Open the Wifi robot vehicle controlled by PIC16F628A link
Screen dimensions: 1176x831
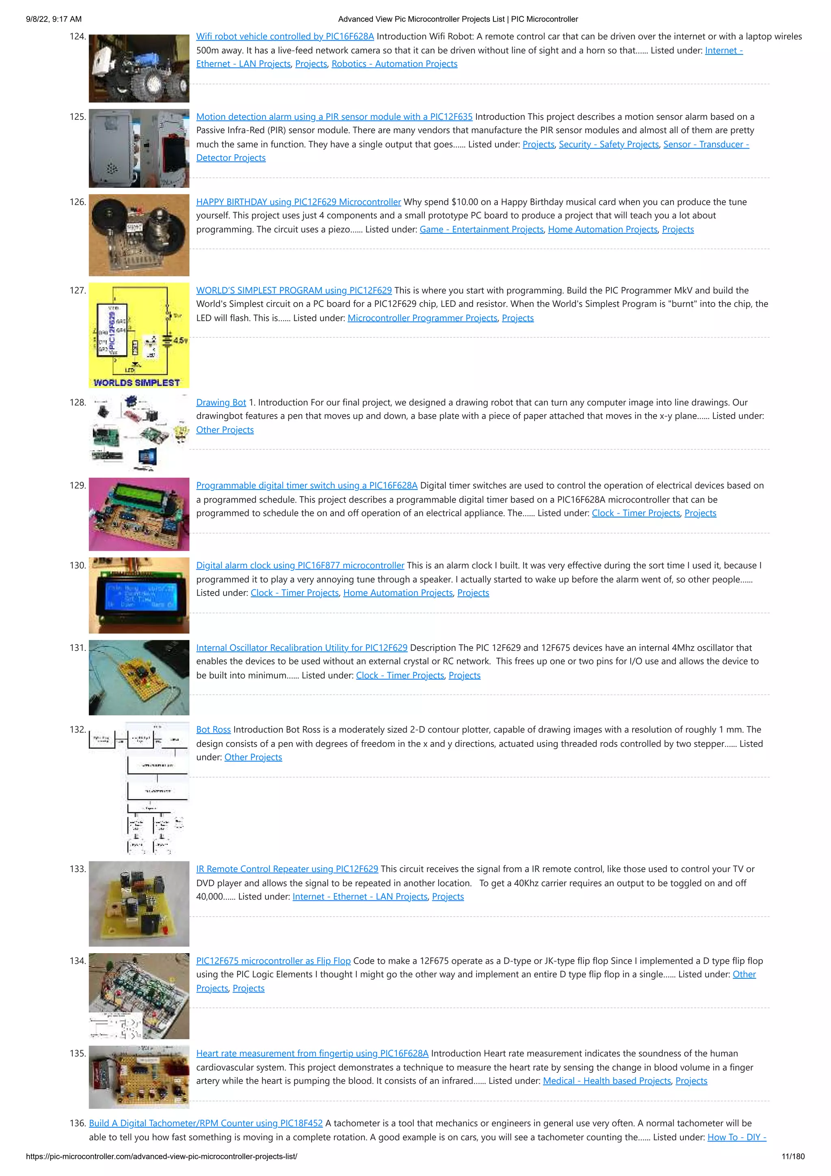[x=285, y=37]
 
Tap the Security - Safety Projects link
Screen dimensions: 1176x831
[x=608, y=145]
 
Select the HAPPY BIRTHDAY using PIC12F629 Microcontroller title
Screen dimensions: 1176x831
[x=299, y=202]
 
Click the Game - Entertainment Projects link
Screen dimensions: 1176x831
[x=481, y=229]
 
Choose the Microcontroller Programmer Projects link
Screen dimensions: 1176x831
[x=422, y=318]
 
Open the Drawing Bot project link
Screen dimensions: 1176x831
[x=221, y=403]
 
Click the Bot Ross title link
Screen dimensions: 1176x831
[x=213, y=729]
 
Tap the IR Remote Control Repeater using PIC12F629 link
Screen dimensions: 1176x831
[x=287, y=869]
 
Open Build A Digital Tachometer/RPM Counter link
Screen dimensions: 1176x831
[x=206, y=1123]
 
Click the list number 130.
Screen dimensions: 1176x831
[x=78, y=565]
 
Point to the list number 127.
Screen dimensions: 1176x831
[x=78, y=290]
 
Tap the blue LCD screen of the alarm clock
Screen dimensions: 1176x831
[x=140, y=596]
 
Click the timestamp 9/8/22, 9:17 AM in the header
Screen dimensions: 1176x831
[x=54, y=19]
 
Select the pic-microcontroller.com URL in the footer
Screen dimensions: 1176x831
[x=161, y=1156]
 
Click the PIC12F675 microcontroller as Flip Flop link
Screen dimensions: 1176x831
[x=273, y=961]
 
